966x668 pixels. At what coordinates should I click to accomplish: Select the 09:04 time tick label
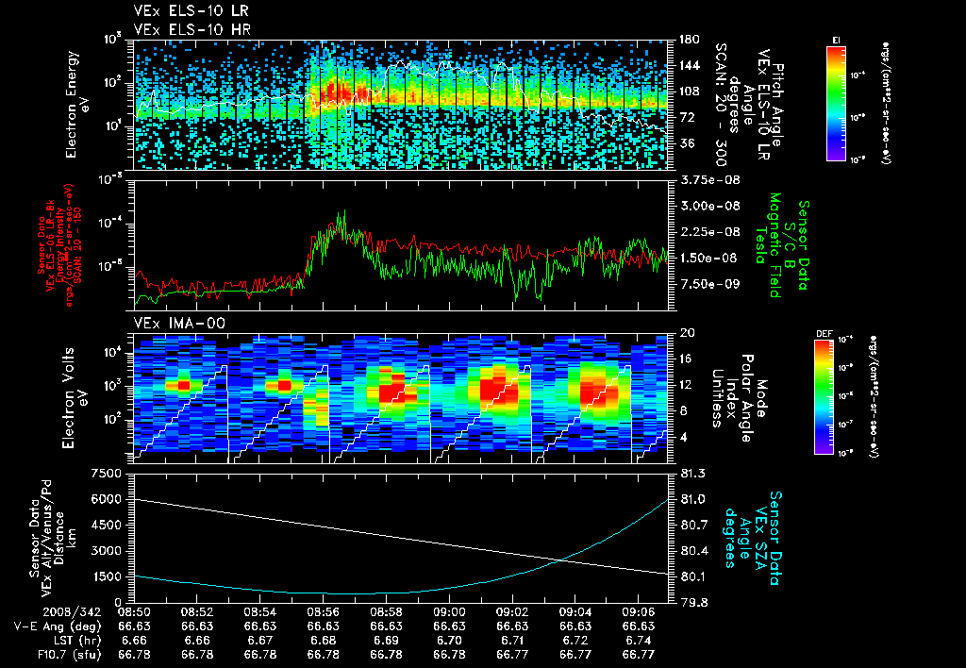click(x=575, y=611)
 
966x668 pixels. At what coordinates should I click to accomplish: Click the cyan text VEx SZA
click(x=761, y=533)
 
